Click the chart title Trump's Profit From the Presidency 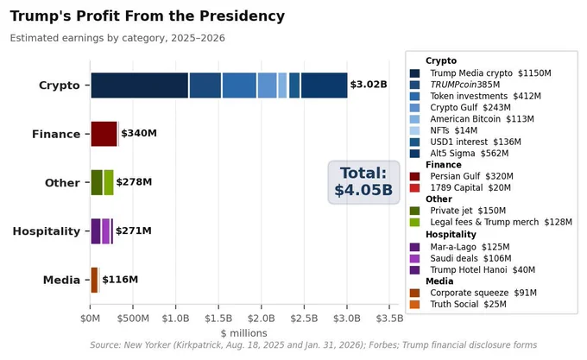(147, 16)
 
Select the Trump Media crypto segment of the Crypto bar (140, 85)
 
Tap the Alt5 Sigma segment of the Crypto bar (325, 85)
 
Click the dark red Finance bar (104, 134)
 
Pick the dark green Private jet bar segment (97, 183)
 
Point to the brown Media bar (94, 280)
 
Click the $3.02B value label (369, 85)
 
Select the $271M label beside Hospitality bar (134, 231)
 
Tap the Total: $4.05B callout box (363, 182)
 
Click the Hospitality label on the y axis (47, 231)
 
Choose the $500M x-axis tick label (133, 319)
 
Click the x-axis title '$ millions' (243, 333)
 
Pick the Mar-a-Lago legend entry (460, 247)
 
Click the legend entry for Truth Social (458, 304)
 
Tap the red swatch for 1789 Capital (415, 188)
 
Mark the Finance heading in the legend (444, 165)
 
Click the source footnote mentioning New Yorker (313, 345)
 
